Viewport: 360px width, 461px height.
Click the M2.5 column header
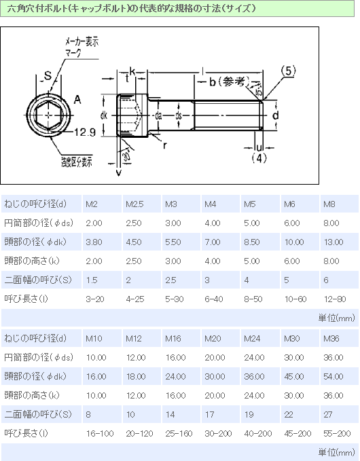(133, 204)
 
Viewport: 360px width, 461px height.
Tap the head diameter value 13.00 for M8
(331, 242)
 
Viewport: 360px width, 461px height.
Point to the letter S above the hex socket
(48, 75)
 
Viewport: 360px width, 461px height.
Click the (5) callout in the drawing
(289, 70)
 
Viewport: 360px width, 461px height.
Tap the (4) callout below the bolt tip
(258, 158)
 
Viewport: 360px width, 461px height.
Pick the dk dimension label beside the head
(104, 116)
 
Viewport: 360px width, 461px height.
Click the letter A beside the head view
(77, 100)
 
